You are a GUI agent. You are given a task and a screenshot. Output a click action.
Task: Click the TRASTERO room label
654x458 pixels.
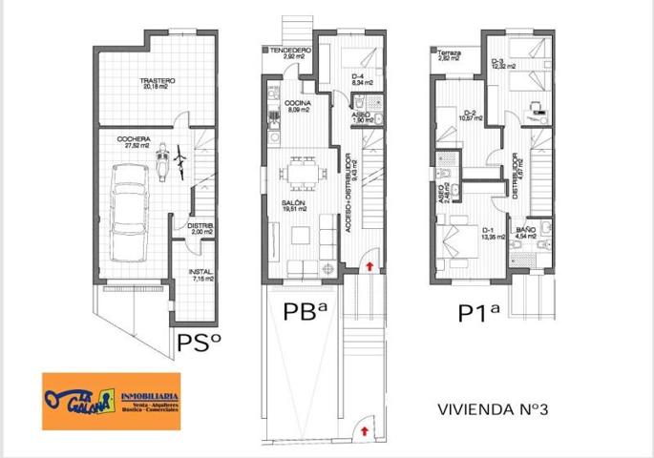(158, 84)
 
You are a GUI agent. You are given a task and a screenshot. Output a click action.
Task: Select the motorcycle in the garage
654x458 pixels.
(163, 158)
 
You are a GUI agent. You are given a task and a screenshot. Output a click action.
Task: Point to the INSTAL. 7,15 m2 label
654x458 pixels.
(200, 276)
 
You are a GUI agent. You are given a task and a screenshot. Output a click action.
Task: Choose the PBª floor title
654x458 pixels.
(306, 312)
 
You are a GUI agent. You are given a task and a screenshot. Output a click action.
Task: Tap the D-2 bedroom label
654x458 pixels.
(469, 115)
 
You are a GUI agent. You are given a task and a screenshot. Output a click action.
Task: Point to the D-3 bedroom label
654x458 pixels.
(497, 65)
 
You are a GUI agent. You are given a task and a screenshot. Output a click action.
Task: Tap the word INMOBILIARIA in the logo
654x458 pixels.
(148, 395)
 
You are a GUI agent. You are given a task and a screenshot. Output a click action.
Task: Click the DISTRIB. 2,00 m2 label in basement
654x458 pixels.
(200, 229)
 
